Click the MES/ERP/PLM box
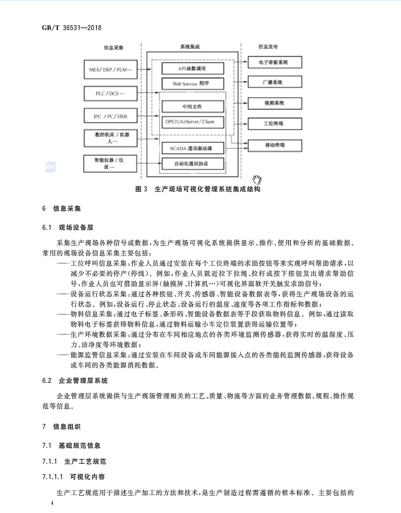[111, 69]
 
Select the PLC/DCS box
[111, 93]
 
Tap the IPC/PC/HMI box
[111, 117]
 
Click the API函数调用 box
[193, 69]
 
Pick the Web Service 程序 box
[193, 83]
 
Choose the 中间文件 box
[193, 107]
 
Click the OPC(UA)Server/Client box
[193, 122]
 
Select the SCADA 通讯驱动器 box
[193, 148]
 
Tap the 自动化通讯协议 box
[193, 164]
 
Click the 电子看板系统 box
[275, 62]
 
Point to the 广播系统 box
[275, 82]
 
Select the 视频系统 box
[275, 103]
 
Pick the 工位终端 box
[275, 124]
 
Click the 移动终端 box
[275, 145]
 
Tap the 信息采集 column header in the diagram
[113, 47]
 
